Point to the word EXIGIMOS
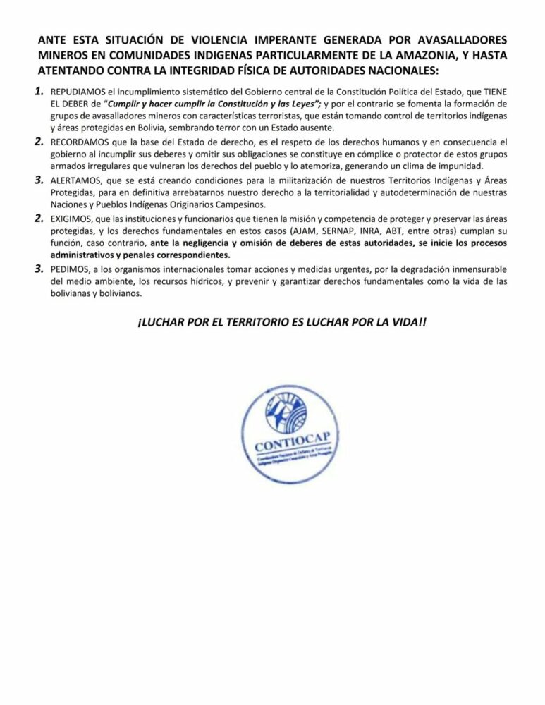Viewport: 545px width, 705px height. [71, 219]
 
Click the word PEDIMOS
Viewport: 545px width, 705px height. [69, 269]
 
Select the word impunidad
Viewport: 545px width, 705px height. [463, 166]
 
